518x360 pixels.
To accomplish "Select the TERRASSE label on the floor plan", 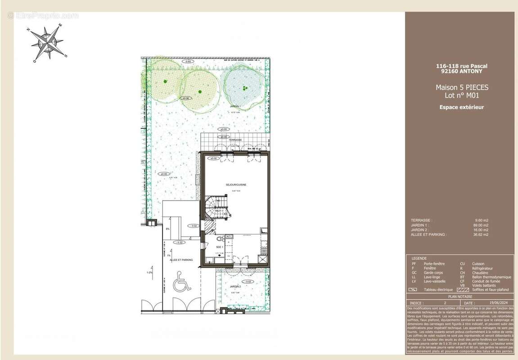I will click(x=234, y=140).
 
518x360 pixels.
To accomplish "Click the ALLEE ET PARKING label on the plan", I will click(x=181, y=260).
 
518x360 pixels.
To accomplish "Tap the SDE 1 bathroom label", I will click(x=220, y=247).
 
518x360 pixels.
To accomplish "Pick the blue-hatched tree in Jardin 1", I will click(x=243, y=86).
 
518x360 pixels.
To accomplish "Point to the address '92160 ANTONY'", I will click(x=462, y=71).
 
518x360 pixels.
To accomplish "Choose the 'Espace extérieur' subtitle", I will click(x=462, y=107).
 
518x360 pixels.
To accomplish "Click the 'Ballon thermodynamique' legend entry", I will click(x=491, y=277).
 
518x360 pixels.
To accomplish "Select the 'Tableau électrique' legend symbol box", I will click(x=413, y=290).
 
